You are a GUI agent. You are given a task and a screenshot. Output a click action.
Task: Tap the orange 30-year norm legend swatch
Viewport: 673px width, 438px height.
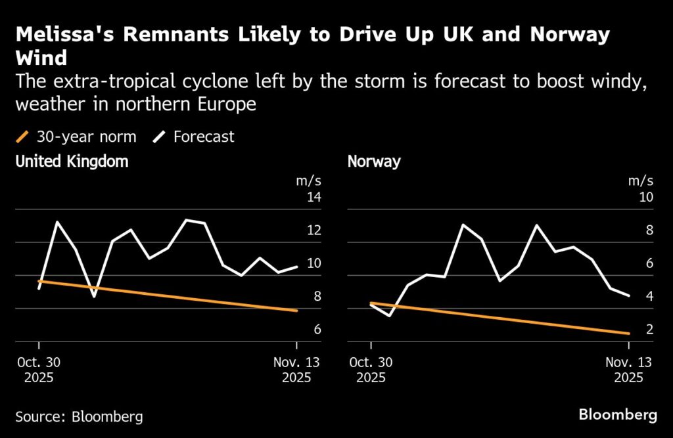[x=22, y=137]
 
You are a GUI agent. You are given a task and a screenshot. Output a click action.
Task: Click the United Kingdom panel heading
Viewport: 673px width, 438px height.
[x=72, y=162]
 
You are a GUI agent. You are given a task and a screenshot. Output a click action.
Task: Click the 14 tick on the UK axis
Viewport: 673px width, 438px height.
[x=313, y=198]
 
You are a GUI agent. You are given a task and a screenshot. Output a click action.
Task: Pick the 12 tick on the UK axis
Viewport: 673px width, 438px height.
[x=313, y=230]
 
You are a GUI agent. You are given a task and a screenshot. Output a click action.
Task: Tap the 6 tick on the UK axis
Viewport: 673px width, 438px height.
[x=317, y=330]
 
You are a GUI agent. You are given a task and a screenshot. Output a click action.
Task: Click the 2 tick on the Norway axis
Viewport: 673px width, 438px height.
[x=649, y=330]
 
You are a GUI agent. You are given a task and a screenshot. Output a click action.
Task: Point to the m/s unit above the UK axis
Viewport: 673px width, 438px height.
[x=309, y=181]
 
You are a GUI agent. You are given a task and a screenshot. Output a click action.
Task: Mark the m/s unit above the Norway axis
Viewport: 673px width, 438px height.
[x=641, y=181]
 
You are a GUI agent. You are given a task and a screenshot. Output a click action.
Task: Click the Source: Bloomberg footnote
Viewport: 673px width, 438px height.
[x=79, y=416]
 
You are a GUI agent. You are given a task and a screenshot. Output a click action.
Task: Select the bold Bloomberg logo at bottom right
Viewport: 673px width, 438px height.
[x=617, y=415]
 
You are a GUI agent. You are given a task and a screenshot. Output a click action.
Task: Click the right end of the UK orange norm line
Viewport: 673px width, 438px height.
[x=297, y=311]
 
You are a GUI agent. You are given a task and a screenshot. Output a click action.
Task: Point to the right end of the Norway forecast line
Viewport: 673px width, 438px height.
[x=629, y=296]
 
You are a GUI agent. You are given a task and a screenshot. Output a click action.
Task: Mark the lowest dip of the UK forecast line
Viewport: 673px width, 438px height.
[x=94, y=297]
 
